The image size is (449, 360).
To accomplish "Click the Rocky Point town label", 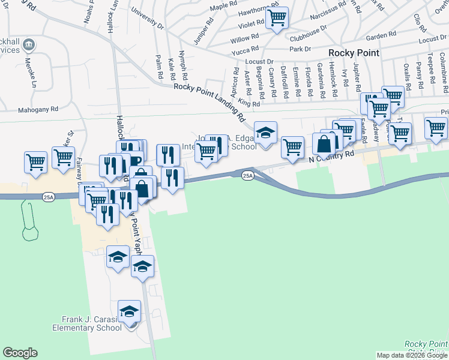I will pos(354,53).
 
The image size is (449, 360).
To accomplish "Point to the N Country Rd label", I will pos(332,156).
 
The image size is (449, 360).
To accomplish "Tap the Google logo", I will pos(20,353).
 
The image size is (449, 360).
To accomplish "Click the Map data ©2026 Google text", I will pos(412,355).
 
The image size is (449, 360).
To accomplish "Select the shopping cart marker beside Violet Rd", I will pos(277,19).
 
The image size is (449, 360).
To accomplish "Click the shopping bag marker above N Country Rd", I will pos(324,145).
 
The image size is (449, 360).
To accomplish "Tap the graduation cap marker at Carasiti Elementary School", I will pos(129,311).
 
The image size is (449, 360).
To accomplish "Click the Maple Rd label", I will pos(220,7).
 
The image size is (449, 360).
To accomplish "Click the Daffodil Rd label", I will pos(285,81).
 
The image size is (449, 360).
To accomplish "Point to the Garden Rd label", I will pos(377,36).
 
